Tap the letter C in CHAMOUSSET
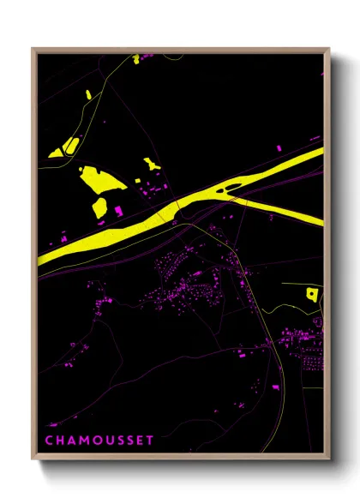pos(48,440)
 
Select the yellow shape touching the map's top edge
pos(135,59)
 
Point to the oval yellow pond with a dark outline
pos(69,145)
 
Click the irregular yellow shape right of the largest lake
pos(152,164)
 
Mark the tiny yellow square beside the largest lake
pos(137,180)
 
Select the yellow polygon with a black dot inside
pos(311,294)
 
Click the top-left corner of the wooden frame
pos(33,49)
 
